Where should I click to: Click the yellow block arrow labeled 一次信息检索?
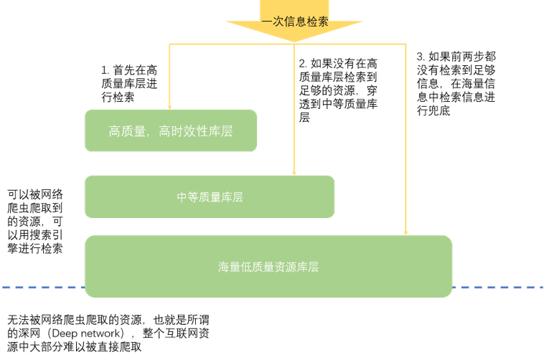coord(294,20)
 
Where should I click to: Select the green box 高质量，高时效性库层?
coord(170,131)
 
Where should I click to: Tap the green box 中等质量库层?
coord(209,196)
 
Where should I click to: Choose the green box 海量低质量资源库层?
coord(268,267)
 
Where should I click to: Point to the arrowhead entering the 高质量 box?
coord(169,106)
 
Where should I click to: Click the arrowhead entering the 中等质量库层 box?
coord(294,172)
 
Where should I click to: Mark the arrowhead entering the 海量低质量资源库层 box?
coord(405,232)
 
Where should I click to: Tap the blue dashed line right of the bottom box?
coord(498,288)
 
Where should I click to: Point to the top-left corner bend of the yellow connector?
coord(169,44)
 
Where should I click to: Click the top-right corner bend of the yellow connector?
coord(405,44)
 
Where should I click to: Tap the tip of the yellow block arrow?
coord(294,41)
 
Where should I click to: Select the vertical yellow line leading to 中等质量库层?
coord(294,108)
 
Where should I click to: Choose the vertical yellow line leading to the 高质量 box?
coord(169,75)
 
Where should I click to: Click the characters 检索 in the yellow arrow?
coord(318,22)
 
